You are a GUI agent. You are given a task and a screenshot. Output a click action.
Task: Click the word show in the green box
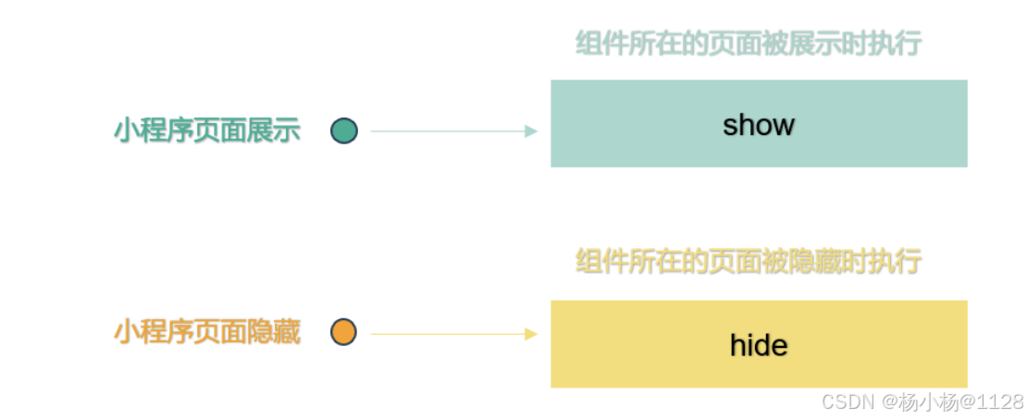click(759, 125)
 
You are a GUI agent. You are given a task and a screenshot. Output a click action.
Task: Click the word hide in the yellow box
click(759, 345)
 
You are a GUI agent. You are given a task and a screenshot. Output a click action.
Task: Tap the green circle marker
click(344, 131)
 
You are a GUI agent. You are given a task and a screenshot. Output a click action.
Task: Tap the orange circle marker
click(344, 332)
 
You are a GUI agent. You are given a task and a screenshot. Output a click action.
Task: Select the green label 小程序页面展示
click(207, 130)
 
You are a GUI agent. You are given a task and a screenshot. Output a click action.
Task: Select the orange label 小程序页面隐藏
click(207, 331)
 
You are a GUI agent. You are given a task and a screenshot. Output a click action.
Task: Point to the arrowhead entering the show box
click(531, 131)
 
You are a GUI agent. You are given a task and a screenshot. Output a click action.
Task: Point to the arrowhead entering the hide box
click(531, 334)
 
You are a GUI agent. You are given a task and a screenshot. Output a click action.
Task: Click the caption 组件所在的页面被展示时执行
click(749, 43)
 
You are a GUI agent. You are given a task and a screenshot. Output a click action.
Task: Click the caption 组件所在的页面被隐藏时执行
click(749, 261)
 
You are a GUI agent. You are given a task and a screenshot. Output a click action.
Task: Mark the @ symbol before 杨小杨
click(890, 402)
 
